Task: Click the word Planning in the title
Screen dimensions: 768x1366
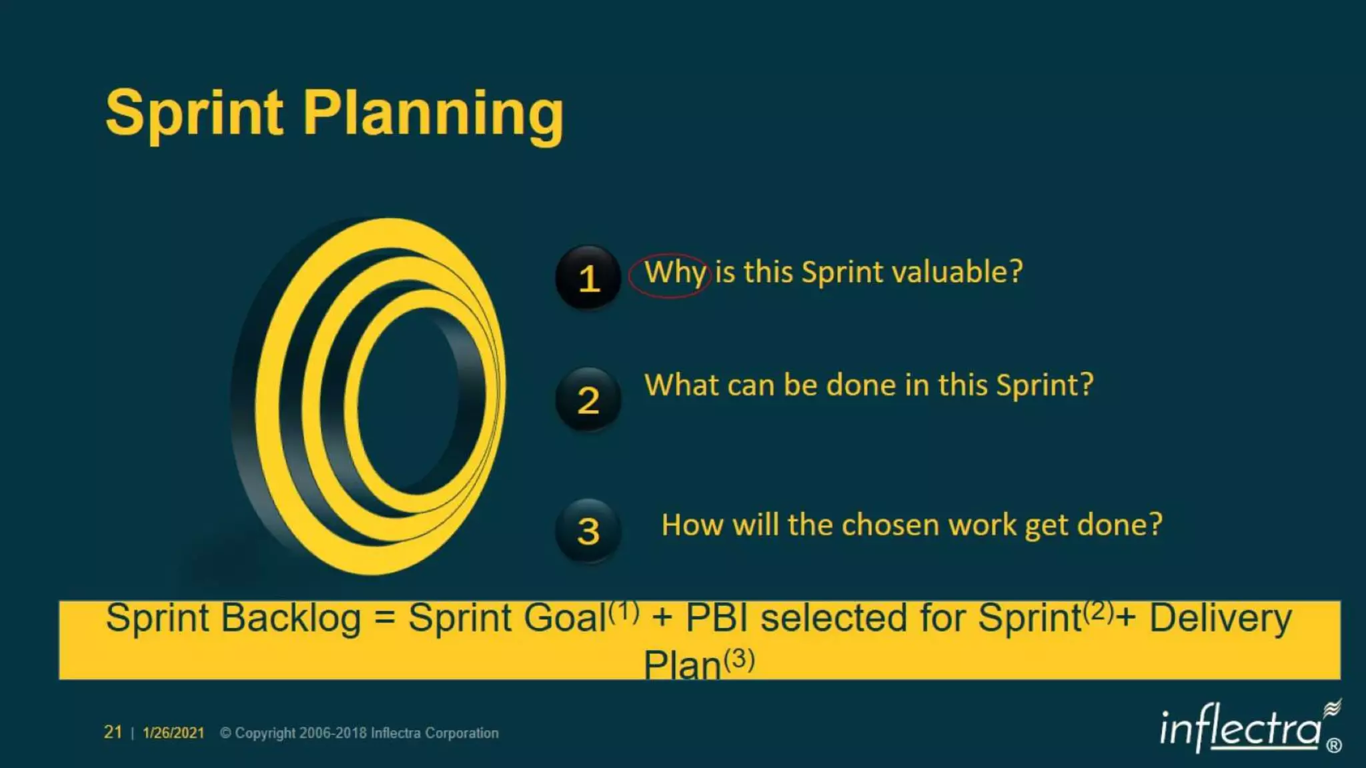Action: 434,115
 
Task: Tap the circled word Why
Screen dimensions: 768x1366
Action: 674,273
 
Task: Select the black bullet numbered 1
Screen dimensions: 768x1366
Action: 588,277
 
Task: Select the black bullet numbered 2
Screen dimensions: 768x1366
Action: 588,400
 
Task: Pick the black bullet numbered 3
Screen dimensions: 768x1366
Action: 588,531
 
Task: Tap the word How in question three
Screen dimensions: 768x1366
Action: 692,525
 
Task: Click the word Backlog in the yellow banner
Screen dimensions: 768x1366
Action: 291,619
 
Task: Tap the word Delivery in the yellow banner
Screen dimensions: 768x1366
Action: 1221,619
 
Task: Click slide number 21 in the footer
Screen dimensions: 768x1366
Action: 113,732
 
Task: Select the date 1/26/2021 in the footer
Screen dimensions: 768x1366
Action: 173,733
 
